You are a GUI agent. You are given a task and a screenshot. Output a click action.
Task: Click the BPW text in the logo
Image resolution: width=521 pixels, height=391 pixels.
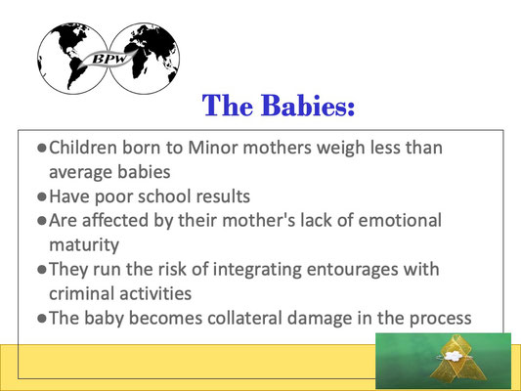coord(109,59)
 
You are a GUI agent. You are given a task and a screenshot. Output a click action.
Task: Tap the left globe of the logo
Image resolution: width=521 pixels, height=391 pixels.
coord(72,59)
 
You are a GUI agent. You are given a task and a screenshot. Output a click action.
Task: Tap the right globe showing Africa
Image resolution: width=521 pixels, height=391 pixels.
coord(145,59)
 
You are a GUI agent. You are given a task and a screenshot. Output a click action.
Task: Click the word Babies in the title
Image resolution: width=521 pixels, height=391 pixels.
coord(308,106)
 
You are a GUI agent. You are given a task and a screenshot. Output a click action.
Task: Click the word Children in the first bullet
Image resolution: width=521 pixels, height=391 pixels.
coord(83,148)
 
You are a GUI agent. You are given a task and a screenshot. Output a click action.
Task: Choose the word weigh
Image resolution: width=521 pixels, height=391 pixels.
coord(340,148)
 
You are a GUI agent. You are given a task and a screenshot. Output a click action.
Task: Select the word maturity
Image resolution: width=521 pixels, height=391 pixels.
coord(84,245)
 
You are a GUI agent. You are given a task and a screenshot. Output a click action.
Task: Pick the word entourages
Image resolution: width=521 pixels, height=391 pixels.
coord(352,270)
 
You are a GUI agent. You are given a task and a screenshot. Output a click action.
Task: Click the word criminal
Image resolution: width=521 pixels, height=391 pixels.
coord(81,293)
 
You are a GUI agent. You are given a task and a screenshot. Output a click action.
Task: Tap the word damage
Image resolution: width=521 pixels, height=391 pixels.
coord(320,319)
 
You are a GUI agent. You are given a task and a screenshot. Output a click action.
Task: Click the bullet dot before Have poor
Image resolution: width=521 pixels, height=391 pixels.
coord(42,196)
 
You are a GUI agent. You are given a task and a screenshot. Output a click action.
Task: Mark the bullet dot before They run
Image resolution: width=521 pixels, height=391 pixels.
coord(42,270)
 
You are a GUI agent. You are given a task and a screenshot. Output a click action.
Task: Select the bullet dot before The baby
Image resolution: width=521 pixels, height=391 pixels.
coord(42,319)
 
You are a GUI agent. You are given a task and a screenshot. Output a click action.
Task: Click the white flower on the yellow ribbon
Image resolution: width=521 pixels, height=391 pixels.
coord(453,357)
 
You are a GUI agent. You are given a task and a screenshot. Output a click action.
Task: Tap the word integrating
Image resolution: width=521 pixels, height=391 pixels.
coord(257,270)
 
